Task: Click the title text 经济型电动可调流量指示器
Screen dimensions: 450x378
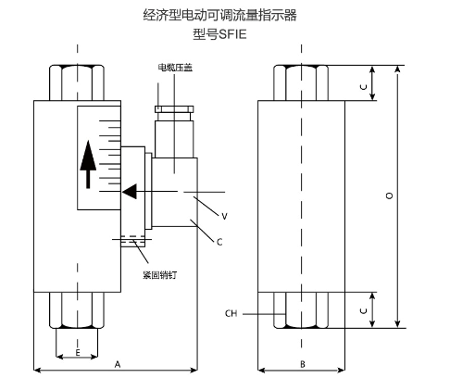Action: click(219, 15)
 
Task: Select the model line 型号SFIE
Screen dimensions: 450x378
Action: click(219, 34)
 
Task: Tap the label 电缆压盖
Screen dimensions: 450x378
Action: click(175, 68)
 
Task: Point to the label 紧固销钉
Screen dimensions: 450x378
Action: click(160, 275)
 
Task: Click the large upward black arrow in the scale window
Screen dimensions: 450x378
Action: click(88, 164)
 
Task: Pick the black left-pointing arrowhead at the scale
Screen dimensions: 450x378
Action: click(130, 192)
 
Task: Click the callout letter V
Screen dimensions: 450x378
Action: click(224, 216)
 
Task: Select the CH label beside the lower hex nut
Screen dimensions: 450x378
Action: click(231, 313)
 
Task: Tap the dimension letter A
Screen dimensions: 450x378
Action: click(118, 364)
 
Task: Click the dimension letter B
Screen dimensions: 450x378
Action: click(303, 364)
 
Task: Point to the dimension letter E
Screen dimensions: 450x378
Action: click(78, 353)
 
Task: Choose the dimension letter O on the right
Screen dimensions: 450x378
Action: click(390, 195)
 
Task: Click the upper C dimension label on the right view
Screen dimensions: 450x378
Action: click(364, 87)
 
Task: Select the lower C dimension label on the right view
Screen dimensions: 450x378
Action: click(364, 310)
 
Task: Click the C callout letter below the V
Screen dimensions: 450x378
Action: click(219, 242)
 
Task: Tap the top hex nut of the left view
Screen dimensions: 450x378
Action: click(77, 82)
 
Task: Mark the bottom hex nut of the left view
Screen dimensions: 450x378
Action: click(77, 310)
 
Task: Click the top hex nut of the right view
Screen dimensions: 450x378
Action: click(301, 82)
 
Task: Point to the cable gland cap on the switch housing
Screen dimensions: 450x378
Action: click(174, 109)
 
